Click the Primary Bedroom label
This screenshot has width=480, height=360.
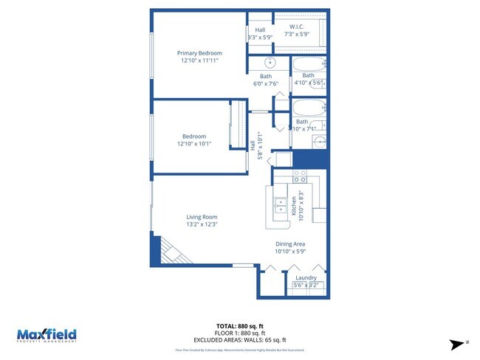click(x=199, y=53)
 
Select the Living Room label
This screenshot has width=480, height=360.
click(x=201, y=216)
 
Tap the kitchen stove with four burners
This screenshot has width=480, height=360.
click(x=300, y=177)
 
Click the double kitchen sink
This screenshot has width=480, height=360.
click(x=281, y=205)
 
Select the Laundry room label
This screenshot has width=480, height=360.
click(x=306, y=277)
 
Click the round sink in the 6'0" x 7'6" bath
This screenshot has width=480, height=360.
click(x=270, y=62)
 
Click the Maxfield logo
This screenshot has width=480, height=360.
click(x=47, y=335)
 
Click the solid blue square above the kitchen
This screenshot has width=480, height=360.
click(x=308, y=159)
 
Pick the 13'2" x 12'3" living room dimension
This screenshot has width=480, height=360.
click(x=201, y=224)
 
